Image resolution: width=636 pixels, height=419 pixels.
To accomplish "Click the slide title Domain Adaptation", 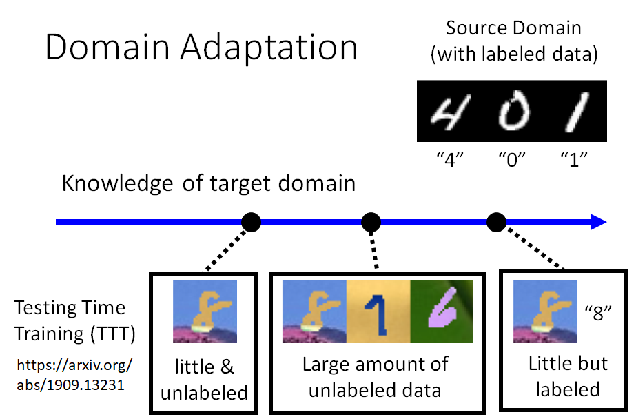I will click(201, 48).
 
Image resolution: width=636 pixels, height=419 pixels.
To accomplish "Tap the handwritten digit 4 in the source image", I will click(448, 111).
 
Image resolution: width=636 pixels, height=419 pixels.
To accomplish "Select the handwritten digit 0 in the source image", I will click(512, 112).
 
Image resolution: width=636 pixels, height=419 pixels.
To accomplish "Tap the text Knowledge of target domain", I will click(208, 184).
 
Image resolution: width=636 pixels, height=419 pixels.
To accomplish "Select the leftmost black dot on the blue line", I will click(251, 222).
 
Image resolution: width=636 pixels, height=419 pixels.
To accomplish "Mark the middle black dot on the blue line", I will click(371, 222).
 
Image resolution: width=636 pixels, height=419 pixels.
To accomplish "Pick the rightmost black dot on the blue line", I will click(496, 222).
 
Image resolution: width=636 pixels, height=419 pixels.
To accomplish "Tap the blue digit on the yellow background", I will click(378, 311).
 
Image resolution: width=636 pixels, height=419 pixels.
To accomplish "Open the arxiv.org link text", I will click(73, 374).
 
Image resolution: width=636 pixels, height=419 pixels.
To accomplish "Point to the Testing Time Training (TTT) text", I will click(74, 320).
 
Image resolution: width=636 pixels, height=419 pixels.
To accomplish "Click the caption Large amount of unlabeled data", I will click(376, 377).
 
